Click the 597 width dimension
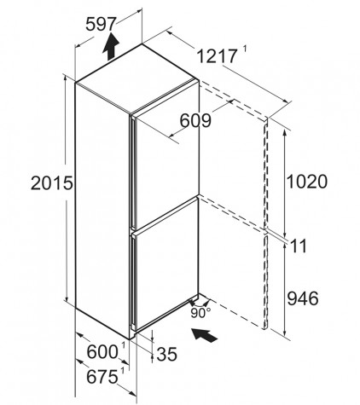[101, 24]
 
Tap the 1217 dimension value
[217, 56]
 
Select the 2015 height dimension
[52, 182]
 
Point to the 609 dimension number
[195, 120]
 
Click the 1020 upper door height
[307, 182]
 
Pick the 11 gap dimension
[299, 246]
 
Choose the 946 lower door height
[303, 298]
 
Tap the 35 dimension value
[167, 354]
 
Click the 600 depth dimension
[102, 352]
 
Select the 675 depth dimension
[102, 377]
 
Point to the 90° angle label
[200, 313]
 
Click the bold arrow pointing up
[111, 46]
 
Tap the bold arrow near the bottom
[205, 335]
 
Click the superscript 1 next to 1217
[245, 49]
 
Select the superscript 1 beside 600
[124, 345]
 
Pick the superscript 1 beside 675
[123, 371]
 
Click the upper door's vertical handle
[131, 171]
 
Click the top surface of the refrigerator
[137, 78]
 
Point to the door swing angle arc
[200, 299]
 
